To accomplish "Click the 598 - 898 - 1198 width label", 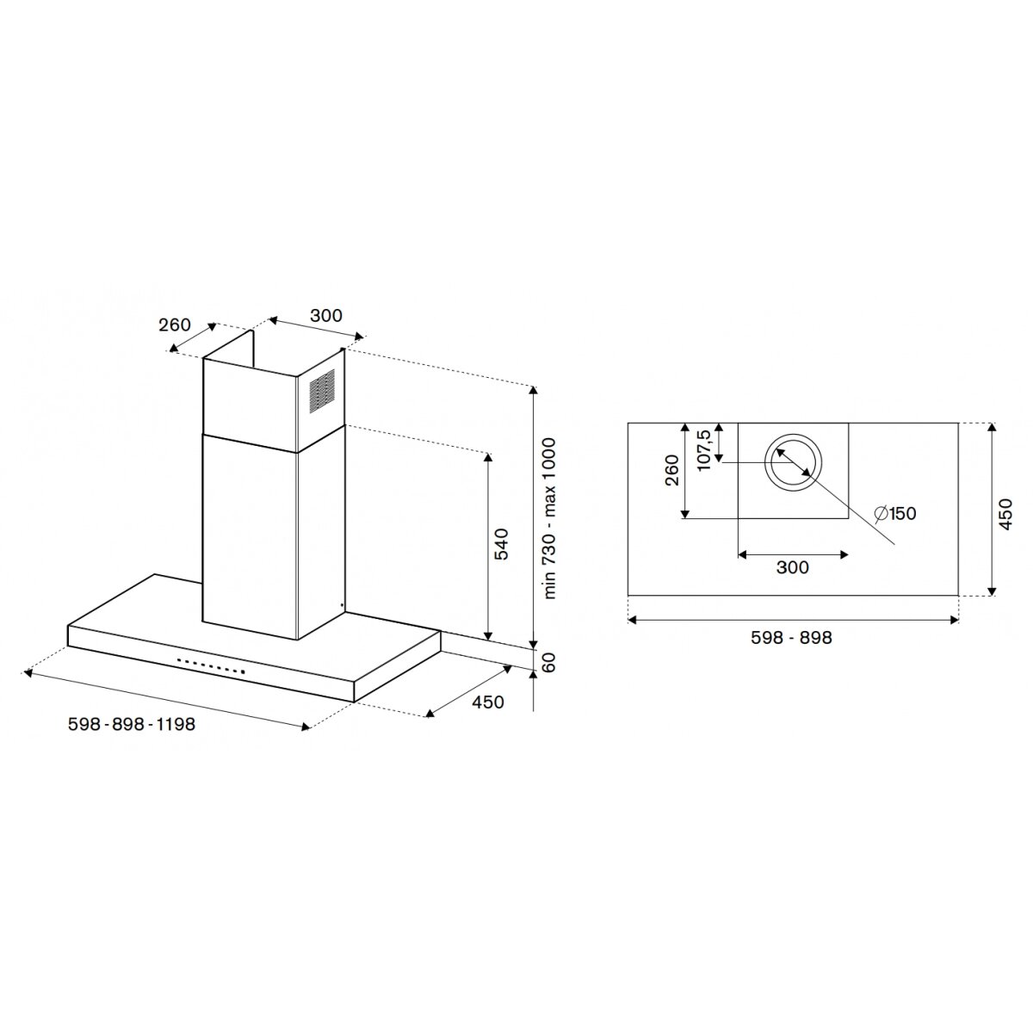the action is coord(132,724).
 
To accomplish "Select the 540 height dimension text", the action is coord(501,545).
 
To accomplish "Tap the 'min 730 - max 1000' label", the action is coord(549,518).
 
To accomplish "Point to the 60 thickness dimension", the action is coord(549,663).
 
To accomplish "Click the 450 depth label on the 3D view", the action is coord(488,702).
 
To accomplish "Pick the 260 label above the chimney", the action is coord(175,325).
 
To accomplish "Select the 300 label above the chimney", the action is coord(326,316).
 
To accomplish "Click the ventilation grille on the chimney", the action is coord(322,391).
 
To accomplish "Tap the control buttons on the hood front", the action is coord(211,665).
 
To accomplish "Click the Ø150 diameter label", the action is coord(894,514).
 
